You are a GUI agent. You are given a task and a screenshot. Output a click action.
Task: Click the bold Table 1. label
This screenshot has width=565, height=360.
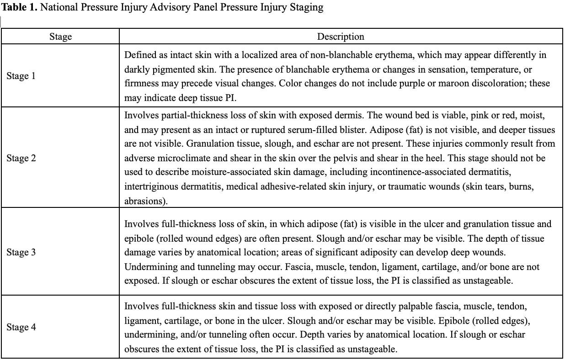19,8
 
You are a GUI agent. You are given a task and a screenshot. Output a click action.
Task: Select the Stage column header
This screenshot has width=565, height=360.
60,37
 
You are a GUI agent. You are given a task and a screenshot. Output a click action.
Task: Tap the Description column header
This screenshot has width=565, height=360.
341,37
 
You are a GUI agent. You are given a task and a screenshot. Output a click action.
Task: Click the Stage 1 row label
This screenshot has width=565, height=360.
21,76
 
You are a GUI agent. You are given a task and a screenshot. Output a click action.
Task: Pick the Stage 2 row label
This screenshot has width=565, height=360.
21,158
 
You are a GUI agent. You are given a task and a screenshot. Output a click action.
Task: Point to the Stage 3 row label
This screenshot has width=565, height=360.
21,252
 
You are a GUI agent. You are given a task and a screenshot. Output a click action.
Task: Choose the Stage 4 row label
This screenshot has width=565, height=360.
21,327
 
